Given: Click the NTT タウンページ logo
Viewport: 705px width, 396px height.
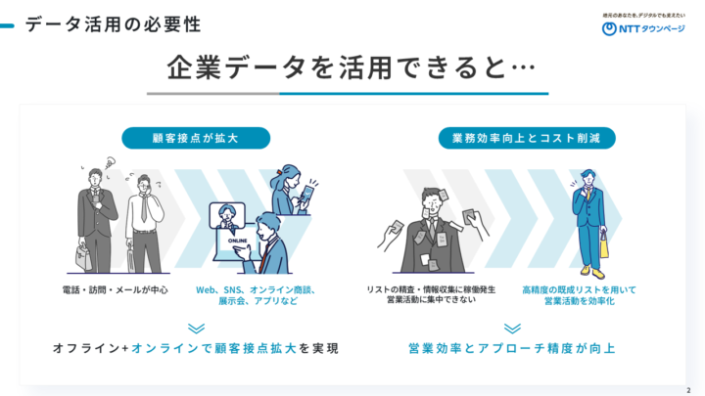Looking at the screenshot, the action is (643, 28).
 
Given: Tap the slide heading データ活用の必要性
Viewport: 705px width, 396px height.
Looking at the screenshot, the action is (113, 24).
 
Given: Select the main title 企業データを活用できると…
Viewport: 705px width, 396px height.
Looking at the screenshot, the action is (352, 67).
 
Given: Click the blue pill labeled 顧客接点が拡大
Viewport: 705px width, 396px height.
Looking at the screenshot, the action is (196, 138).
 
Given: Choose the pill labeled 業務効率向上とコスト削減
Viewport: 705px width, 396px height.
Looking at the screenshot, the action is (527, 138).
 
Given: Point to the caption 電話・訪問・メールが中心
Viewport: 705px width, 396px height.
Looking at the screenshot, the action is (116, 290).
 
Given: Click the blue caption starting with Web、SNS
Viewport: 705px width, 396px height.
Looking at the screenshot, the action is (256, 295).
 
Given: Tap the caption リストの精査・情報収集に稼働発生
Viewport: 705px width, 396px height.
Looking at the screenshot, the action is (431, 289).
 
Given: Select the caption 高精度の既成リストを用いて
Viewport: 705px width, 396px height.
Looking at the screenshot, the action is (579, 290).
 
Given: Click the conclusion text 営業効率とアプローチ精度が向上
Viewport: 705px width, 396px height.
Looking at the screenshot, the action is (512, 348).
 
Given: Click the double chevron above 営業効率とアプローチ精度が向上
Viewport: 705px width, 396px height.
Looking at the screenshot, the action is (512, 329).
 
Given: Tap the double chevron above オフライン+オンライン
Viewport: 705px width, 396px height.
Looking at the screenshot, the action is (196, 329).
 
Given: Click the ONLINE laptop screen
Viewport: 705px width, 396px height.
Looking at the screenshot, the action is (236, 243).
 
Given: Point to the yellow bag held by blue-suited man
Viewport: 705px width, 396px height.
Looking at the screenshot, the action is (604, 246).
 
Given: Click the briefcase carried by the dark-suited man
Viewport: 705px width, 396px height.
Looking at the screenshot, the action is (83, 257).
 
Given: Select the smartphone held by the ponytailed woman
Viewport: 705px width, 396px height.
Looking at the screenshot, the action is (308, 193).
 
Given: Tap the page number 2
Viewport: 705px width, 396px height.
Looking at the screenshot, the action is (688, 390).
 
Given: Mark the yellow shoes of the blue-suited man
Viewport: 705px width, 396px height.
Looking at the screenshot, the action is (592, 272).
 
